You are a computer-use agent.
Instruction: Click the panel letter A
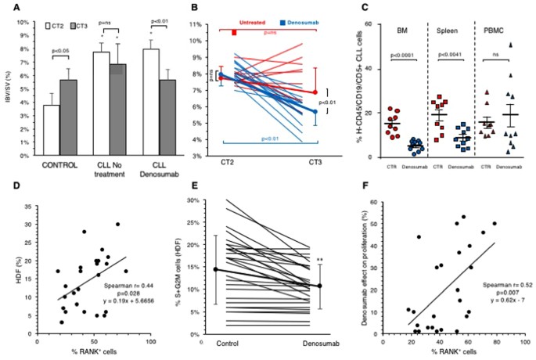click(x=16, y=10)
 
